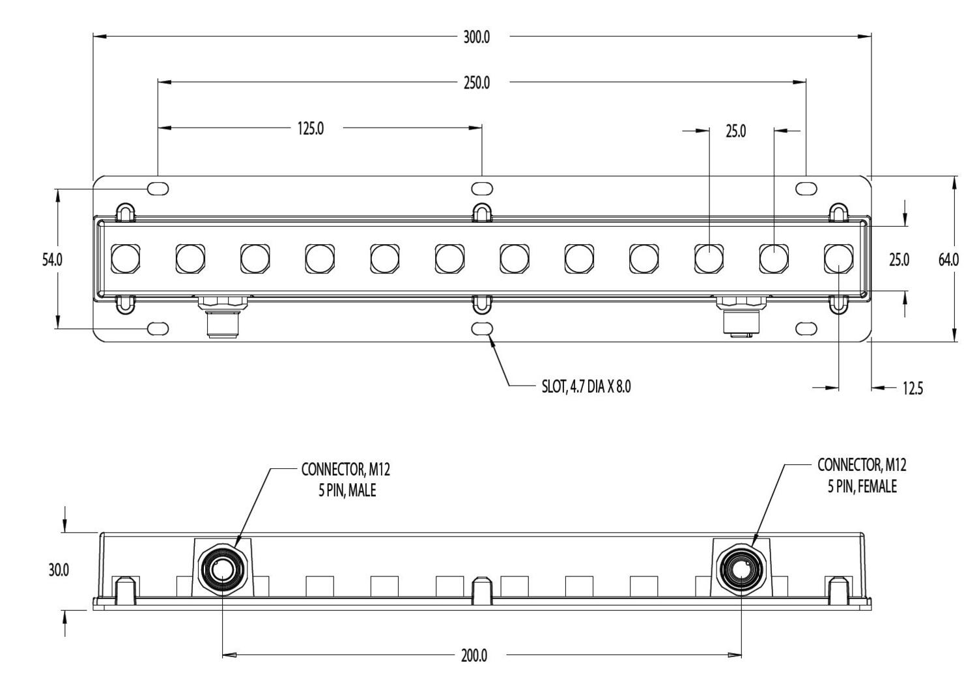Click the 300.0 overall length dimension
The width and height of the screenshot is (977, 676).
point(476,37)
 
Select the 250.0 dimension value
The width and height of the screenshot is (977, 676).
point(476,83)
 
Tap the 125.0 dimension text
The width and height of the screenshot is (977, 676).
point(311,129)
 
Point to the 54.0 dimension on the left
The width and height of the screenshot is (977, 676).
point(52,260)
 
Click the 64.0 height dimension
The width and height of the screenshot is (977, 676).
point(948,260)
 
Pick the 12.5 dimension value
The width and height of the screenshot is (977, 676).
point(912,389)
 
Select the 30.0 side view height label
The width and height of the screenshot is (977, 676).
point(58,570)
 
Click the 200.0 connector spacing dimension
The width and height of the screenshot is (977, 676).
point(474,656)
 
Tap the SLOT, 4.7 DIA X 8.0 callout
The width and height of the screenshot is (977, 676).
point(586,387)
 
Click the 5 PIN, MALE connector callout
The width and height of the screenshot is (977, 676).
point(346,480)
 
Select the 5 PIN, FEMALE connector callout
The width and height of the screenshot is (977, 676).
point(862,476)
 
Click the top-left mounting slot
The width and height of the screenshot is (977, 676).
point(158,189)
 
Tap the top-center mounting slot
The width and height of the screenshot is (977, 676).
point(482,189)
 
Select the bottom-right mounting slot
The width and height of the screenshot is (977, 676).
point(806,329)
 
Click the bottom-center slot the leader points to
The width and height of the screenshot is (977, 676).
point(482,329)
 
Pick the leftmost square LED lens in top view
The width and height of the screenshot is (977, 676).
point(125,259)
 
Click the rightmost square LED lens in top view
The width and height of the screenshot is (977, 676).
point(838,259)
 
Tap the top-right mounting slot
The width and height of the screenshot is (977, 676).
point(806,189)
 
